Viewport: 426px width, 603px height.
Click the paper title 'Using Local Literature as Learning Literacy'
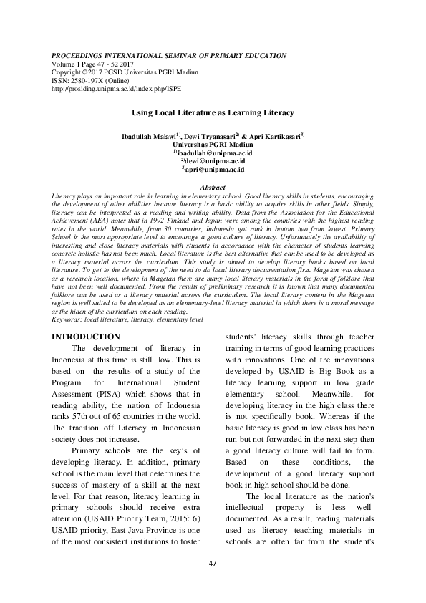(x=213, y=113)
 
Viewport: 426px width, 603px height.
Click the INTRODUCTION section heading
(x=87, y=337)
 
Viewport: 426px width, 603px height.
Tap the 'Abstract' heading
(x=213, y=187)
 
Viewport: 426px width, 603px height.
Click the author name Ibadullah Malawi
(x=150, y=135)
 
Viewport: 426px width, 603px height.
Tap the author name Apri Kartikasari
(x=278, y=135)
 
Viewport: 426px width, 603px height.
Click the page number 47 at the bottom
(x=213, y=584)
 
